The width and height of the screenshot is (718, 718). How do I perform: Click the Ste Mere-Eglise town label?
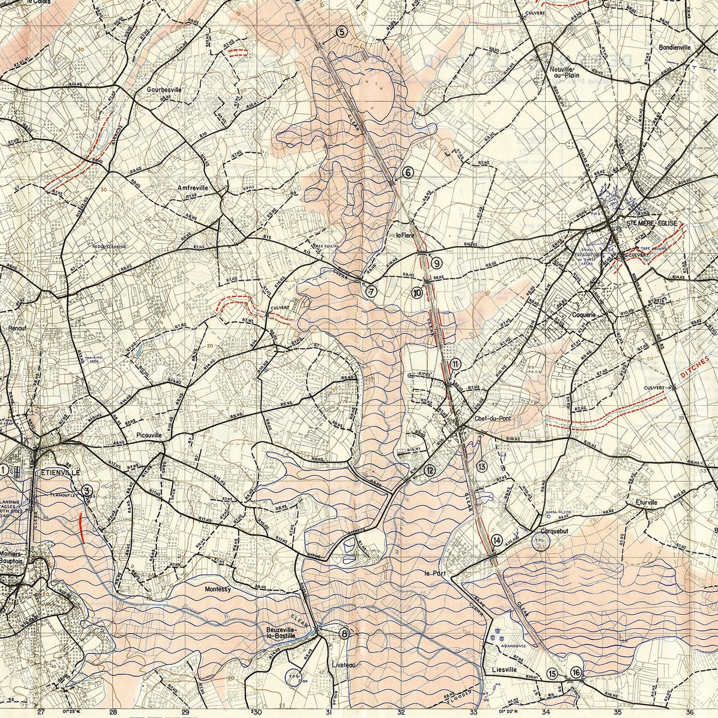pyautogui.click(x=652, y=224)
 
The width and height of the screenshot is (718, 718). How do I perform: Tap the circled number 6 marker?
pyautogui.click(x=407, y=172)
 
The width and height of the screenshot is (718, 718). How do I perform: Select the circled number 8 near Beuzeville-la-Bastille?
pyautogui.click(x=344, y=634)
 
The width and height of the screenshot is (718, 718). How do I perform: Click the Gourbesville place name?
pyautogui.click(x=164, y=90)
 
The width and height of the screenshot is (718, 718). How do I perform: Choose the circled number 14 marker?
pyautogui.click(x=496, y=540)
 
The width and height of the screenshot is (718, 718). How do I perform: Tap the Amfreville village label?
pyautogui.click(x=192, y=188)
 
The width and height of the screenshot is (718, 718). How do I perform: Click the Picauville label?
pyautogui.click(x=149, y=435)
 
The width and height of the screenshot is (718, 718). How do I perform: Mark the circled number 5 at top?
pyautogui.click(x=341, y=32)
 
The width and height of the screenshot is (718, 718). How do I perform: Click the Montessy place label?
pyautogui.click(x=218, y=589)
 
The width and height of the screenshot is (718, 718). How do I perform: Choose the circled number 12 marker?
pyautogui.click(x=430, y=470)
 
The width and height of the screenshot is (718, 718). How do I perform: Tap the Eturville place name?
pyautogui.click(x=646, y=502)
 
